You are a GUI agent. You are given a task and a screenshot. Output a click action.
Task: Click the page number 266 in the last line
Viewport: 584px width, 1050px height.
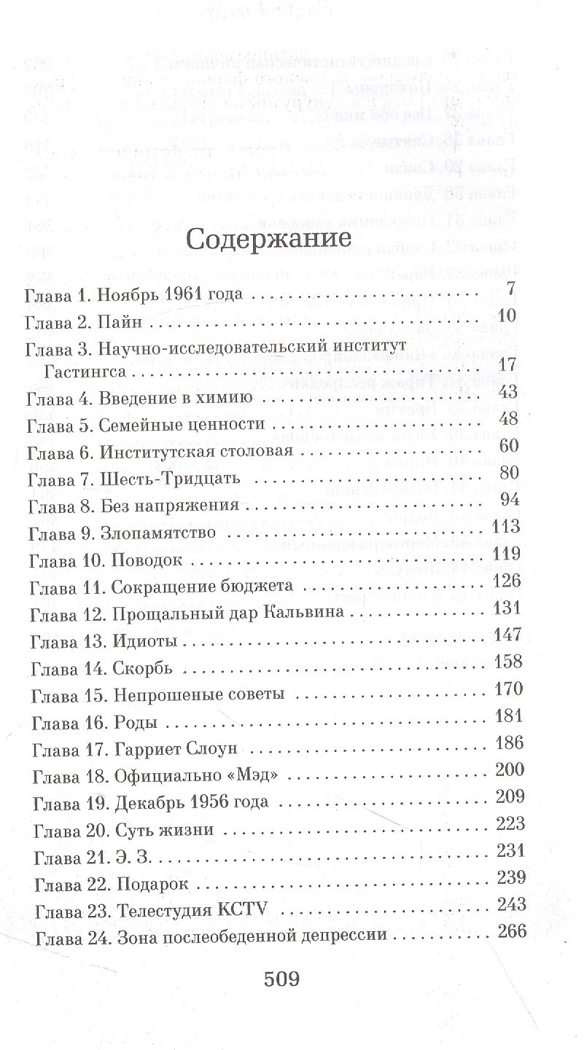(x=510, y=930)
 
